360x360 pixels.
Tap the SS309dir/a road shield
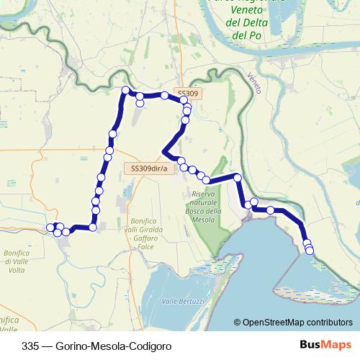coord(149,168)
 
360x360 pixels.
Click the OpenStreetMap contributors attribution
coord(297,323)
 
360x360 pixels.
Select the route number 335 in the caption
coord(31,345)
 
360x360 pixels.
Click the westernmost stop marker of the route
coord(50,228)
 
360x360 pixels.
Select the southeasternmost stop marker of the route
coord(310,251)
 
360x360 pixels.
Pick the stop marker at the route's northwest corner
coord(125,90)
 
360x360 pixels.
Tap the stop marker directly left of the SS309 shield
coord(165,95)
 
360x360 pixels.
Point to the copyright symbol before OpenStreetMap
coord(238,323)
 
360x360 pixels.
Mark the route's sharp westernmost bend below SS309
coord(166,152)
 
